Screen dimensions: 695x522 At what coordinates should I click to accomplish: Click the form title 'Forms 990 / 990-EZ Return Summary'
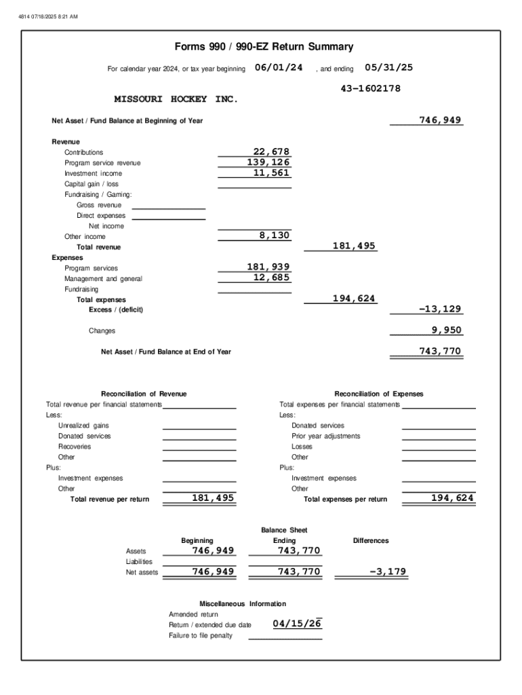tap(264, 47)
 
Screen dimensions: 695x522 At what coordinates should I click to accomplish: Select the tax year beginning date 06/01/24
tap(278, 68)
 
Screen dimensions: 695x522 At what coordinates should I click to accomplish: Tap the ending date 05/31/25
tap(388, 68)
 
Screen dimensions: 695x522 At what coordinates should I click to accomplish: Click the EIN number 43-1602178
tap(370, 89)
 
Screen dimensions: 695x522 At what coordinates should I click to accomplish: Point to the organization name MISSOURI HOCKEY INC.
tap(176, 99)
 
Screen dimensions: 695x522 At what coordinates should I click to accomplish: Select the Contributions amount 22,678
tap(270, 152)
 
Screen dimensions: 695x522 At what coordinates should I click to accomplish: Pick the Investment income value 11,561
tap(270, 173)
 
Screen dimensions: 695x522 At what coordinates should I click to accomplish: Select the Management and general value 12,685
tap(270, 278)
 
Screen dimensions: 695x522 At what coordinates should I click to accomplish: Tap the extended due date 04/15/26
tap(296, 624)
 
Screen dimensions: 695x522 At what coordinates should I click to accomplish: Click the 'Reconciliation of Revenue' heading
tap(144, 394)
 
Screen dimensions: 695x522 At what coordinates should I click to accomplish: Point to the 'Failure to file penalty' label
tap(200, 635)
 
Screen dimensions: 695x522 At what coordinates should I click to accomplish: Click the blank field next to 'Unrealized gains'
tap(199, 426)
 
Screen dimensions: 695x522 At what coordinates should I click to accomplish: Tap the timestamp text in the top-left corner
tap(48, 8)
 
